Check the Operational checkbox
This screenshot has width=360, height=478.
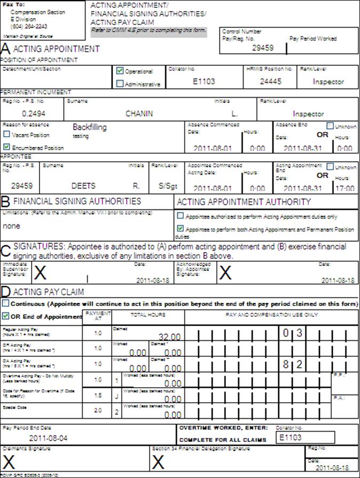pyautogui.click(x=120, y=70)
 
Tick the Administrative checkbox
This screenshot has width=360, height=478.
pyautogui.click(x=120, y=83)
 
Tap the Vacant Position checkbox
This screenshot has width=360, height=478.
pyautogui.click(x=6, y=135)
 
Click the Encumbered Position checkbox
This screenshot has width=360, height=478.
pyautogui.click(x=6, y=146)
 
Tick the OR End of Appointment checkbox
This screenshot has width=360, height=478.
pyautogui.click(x=6, y=316)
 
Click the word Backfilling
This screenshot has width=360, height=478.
pyautogui.click(x=90, y=128)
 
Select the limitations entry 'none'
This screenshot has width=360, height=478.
pyautogui.click(x=11, y=226)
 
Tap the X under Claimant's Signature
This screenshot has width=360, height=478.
pyautogui.click(x=9, y=462)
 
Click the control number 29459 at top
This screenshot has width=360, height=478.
pyautogui.click(x=262, y=48)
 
